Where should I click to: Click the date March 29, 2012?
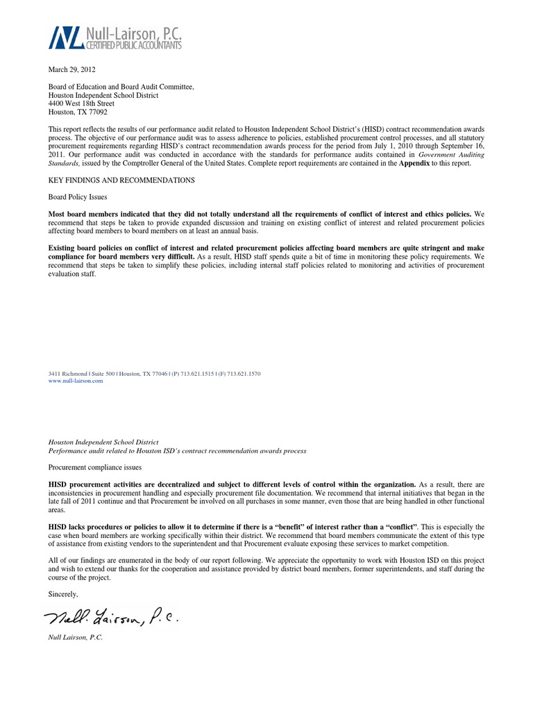pos(71,69)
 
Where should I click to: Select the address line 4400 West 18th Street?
pos(81,103)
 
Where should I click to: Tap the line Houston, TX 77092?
pos(77,112)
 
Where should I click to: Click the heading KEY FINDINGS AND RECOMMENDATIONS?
pos(121,180)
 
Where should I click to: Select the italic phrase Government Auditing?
pos(452,155)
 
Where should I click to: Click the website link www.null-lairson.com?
pos(75,381)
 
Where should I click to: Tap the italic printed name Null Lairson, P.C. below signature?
pos(75,637)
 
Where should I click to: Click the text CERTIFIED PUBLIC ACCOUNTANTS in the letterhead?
pos(133,46)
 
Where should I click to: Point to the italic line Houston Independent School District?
pos(103,442)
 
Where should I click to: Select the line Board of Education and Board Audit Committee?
pos(121,87)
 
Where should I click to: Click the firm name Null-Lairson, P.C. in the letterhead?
pos(133,31)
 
